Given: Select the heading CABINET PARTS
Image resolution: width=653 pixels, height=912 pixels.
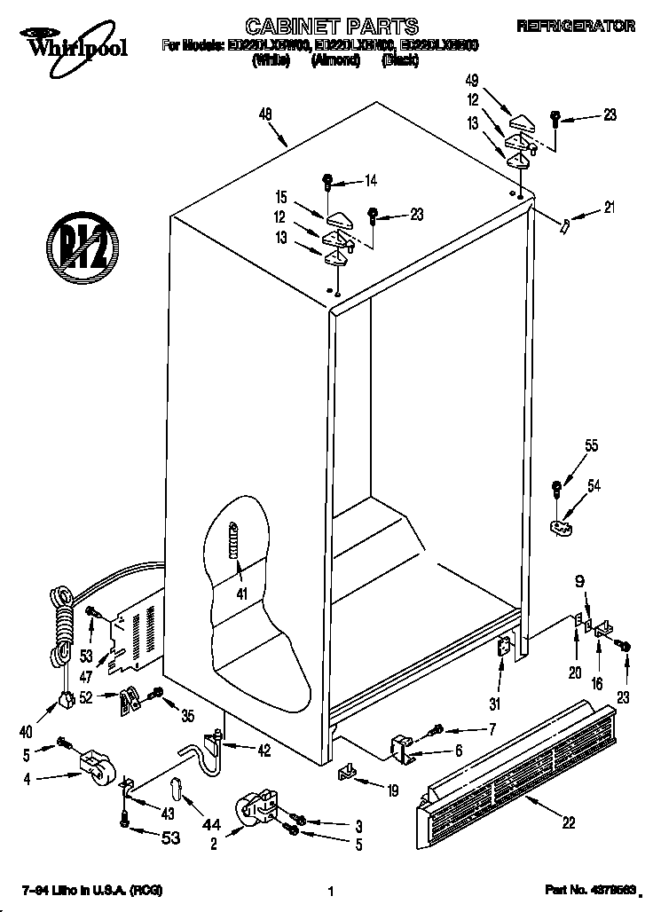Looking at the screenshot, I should [x=319, y=27].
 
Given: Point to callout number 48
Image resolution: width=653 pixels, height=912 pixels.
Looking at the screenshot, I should [x=265, y=113].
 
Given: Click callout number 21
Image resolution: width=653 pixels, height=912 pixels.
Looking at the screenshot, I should [x=609, y=208].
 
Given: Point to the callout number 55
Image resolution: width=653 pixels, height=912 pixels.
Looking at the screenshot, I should [x=591, y=448].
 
